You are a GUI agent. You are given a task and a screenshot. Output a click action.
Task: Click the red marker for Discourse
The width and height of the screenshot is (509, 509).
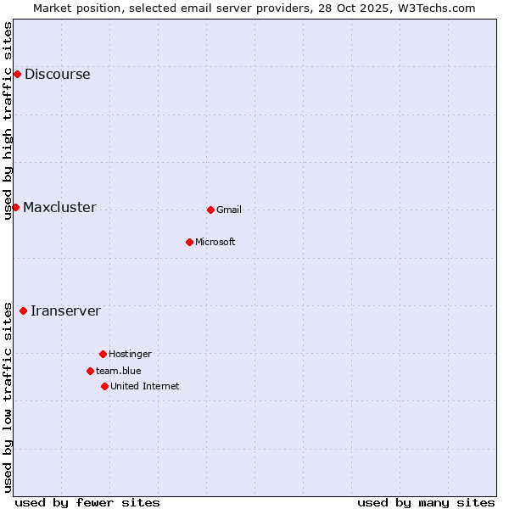point(17,74)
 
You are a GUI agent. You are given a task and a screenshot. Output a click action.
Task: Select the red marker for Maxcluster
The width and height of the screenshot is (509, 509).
point(15,207)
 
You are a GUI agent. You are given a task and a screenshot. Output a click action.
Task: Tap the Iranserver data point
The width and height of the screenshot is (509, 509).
point(23,310)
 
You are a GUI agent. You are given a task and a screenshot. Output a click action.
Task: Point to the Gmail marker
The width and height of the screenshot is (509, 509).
point(210,210)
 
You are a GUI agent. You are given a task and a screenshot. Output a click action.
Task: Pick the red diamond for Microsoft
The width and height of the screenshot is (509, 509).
point(189,242)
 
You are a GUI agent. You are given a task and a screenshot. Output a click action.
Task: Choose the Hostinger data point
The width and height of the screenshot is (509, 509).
point(103,354)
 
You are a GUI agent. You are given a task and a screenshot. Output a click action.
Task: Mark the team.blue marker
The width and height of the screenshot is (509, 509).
point(90,371)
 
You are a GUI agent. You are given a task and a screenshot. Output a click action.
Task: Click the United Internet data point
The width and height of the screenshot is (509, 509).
point(104,386)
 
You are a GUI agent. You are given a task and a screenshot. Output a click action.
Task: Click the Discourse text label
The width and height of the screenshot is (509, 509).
point(57,74)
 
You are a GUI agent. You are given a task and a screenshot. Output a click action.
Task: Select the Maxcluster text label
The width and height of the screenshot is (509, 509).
point(59,207)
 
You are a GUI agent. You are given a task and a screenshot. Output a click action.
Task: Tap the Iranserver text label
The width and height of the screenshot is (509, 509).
point(65,310)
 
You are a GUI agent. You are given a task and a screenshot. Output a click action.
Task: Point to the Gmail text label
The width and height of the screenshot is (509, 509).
point(229,210)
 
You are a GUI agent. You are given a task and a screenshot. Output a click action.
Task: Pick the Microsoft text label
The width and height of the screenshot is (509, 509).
point(215,242)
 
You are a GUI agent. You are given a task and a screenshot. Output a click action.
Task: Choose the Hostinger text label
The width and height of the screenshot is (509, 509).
point(130,354)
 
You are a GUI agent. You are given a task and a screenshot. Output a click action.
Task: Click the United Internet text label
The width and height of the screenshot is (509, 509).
point(144,386)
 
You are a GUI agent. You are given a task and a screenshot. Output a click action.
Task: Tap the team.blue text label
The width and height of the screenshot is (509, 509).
point(119,371)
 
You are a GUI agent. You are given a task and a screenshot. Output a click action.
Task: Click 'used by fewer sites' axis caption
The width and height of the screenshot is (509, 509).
point(87,502)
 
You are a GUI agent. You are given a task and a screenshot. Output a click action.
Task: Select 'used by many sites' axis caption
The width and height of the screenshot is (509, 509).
point(426,502)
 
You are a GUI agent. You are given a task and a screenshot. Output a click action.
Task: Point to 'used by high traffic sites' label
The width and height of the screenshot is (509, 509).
point(8,120)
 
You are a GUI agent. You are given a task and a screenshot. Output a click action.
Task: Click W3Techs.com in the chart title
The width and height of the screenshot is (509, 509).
point(436,8)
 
